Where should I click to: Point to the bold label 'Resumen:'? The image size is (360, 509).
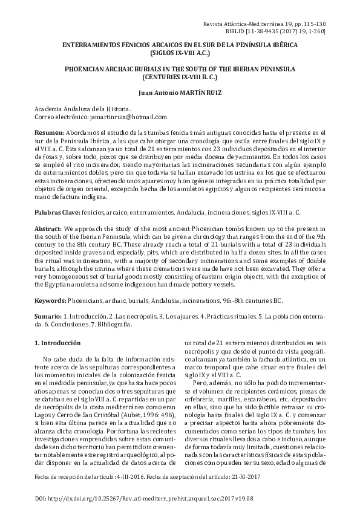[49, 132]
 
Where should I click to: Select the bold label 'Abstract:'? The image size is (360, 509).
[48, 230]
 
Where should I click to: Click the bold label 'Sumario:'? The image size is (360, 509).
[48, 317]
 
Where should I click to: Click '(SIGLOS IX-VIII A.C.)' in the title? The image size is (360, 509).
[180, 53]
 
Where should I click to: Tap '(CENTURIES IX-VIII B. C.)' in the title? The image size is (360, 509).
[180, 77]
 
